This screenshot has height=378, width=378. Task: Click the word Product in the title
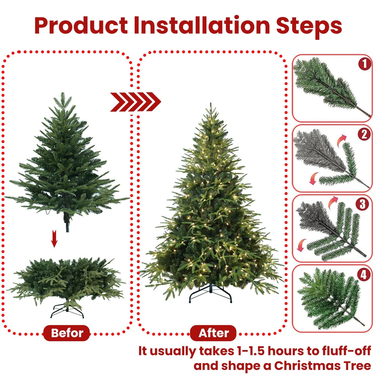(81, 26)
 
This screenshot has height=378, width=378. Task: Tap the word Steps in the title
(309, 26)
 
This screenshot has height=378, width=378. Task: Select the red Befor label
(67, 333)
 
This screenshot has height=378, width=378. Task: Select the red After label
(213, 333)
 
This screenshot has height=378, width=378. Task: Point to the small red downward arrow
(54, 239)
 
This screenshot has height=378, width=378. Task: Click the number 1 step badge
(365, 64)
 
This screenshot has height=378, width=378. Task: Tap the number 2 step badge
(364, 134)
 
